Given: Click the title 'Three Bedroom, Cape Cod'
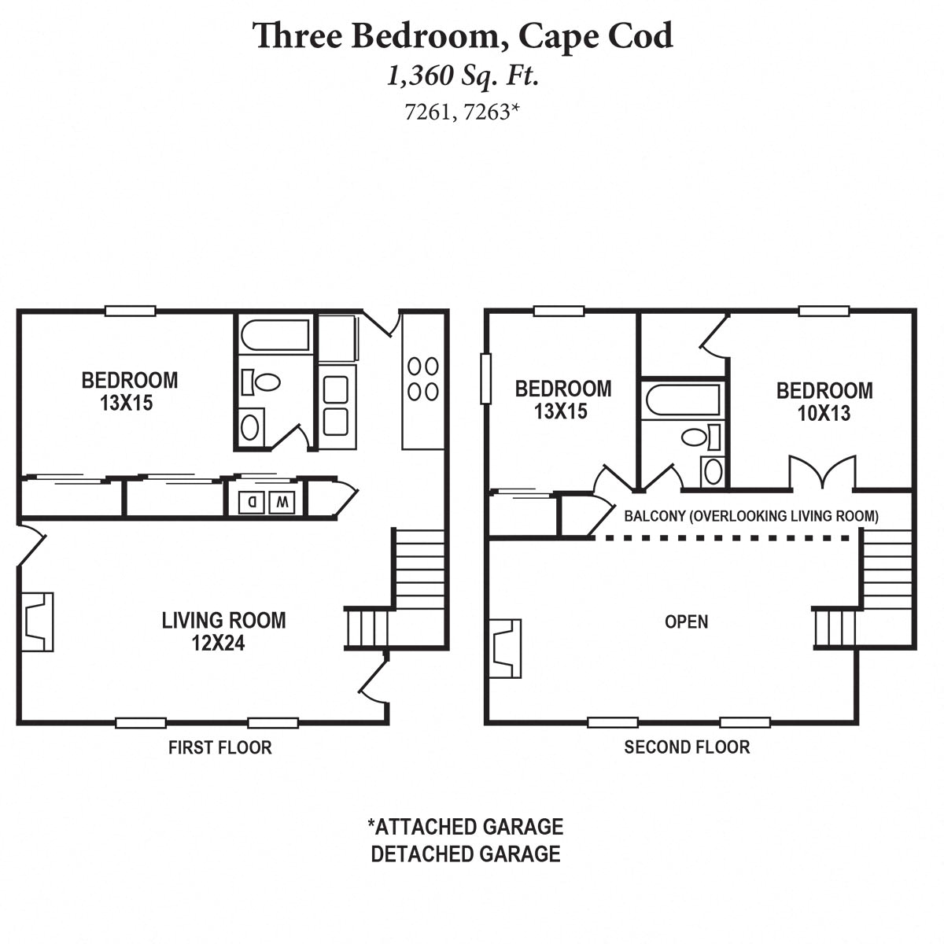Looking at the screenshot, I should [463, 36].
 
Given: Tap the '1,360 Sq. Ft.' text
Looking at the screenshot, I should [463, 76].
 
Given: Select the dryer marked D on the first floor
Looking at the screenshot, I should [252, 501].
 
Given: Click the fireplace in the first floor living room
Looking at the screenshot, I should [36, 621].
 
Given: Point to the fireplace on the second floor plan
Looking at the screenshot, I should [505, 647].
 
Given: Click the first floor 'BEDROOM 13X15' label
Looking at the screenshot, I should [130, 392].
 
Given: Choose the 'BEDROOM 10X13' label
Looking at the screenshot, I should [824, 401].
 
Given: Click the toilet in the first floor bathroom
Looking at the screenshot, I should [263, 382].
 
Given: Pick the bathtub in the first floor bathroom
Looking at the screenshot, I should [275, 336].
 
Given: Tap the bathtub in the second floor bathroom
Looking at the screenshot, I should [682, 400].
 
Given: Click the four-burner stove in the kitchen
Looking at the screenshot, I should [422, 378].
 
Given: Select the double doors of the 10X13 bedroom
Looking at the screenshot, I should [822, 474].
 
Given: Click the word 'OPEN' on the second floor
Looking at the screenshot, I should [686, 621].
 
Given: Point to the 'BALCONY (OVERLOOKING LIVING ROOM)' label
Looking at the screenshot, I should [750, 517].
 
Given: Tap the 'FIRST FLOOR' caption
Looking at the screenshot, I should [219, 747].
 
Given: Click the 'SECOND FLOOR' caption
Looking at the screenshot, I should [687, 747].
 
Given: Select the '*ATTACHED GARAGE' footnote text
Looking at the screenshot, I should [465, 827].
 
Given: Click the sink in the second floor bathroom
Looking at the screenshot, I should [713, 471].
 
